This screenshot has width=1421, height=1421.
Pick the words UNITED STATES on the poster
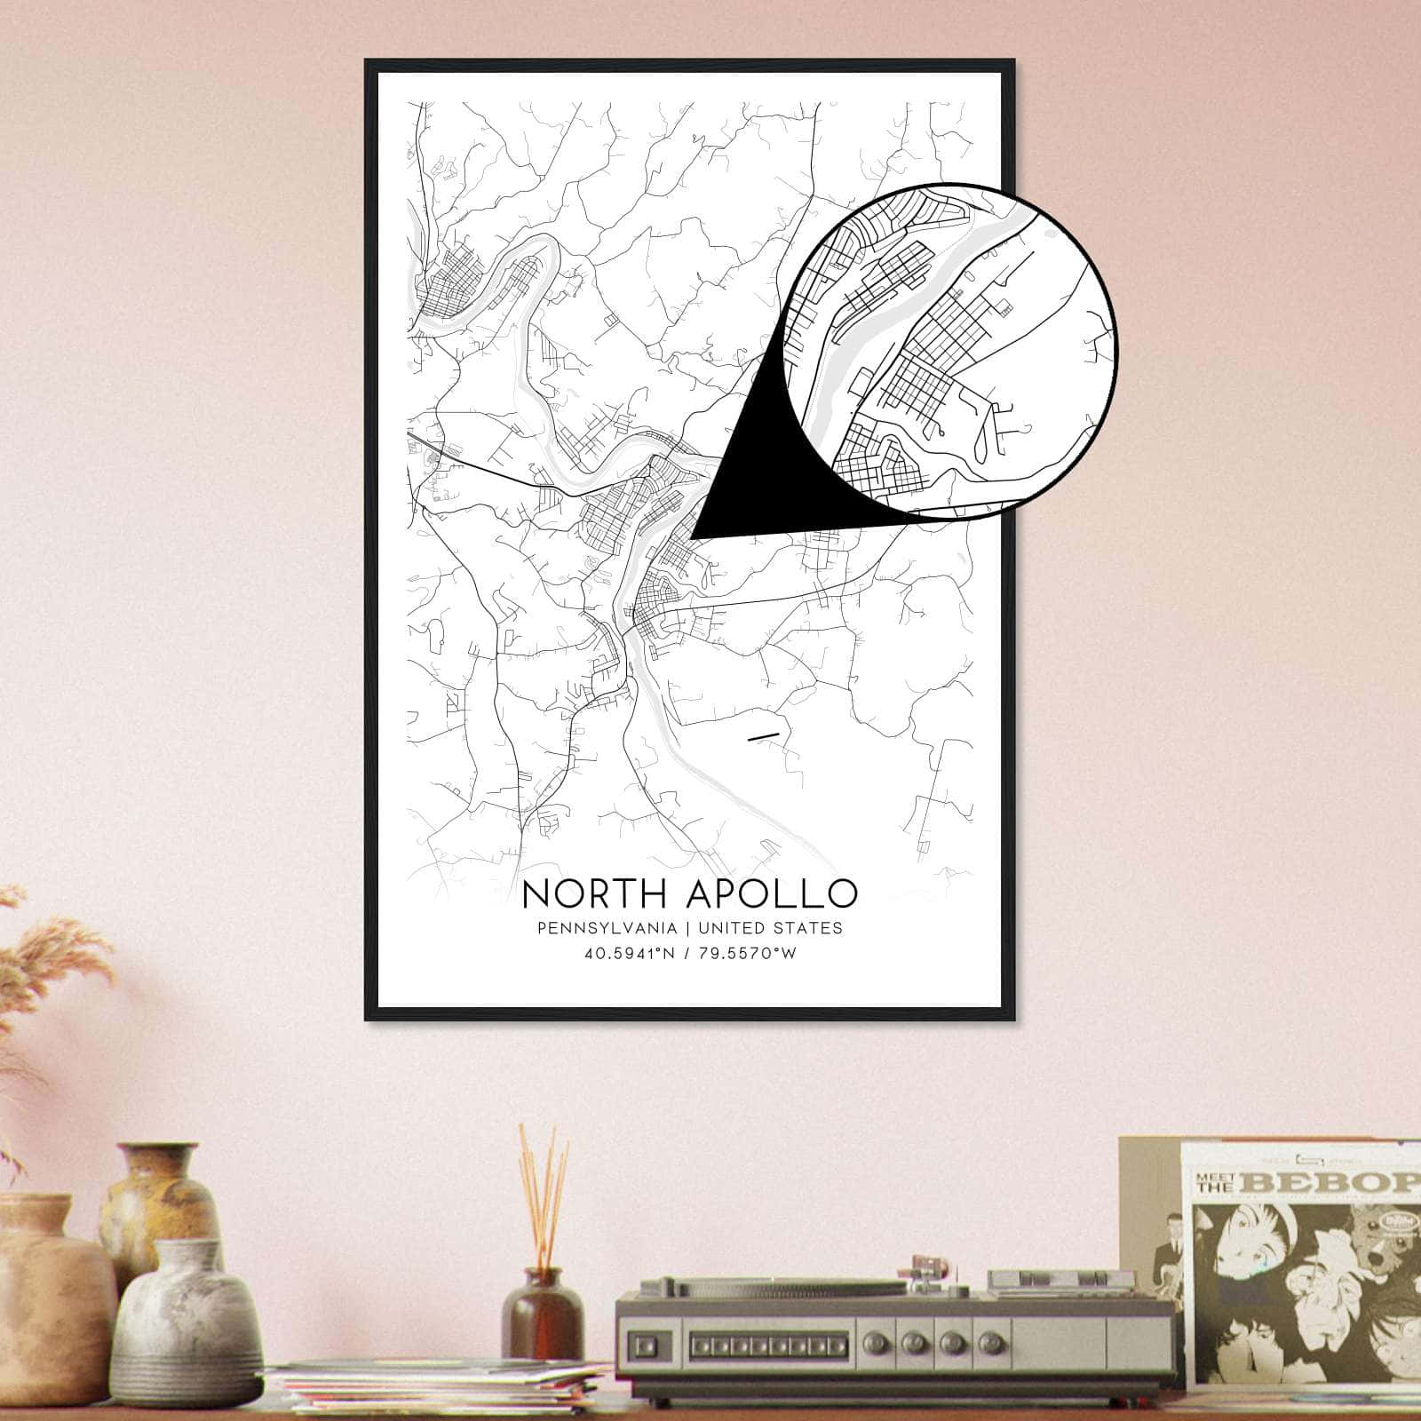click(770, 928)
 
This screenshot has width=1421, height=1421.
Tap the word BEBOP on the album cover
click(1346, 1183)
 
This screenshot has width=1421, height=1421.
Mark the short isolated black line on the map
click(764, 735)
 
